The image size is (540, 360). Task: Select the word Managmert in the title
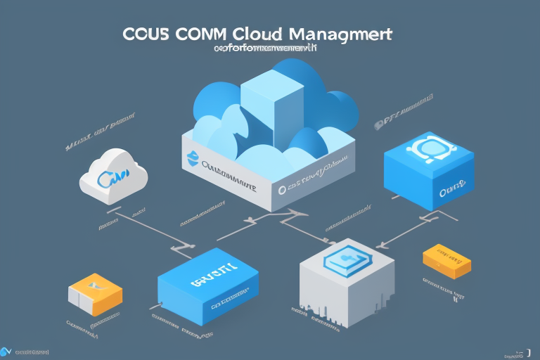[339, 36]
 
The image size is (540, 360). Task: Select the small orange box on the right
[446, 261]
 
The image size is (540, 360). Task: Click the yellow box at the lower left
[94, 296]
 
